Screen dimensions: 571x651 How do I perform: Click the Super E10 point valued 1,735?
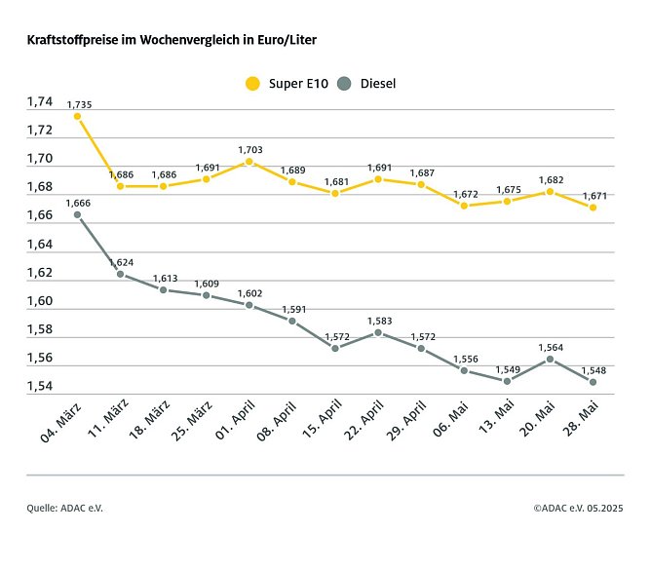[x=77, y=116]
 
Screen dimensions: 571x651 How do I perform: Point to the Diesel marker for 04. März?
[x=77, y=214]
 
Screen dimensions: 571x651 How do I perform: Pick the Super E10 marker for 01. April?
[x=249, y=162]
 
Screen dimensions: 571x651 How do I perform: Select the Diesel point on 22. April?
[x=378, y=332]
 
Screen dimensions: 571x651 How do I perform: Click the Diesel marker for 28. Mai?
[x=593, y=382]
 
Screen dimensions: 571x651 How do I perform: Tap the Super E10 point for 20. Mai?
[x=550, y=192]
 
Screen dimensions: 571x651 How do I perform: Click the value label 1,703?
[x=249, y=149]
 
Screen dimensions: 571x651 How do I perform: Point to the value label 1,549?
[x=507, y=368]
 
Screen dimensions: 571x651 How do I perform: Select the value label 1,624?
[x=121, y=263]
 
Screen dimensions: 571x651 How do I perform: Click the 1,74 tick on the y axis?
[x=40, y=102]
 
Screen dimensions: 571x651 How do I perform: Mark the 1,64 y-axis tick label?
[x=40, y=245]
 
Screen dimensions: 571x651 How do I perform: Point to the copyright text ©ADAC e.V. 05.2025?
[x=578, y=508]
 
